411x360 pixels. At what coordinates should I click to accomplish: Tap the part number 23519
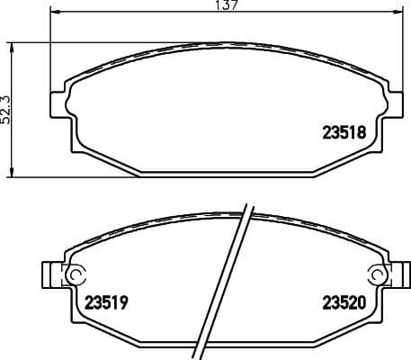(x=107, y=303)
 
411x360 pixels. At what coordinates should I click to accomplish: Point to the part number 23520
(x=344, y=303)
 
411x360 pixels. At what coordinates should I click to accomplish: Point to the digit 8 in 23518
(x=361, y=130)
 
